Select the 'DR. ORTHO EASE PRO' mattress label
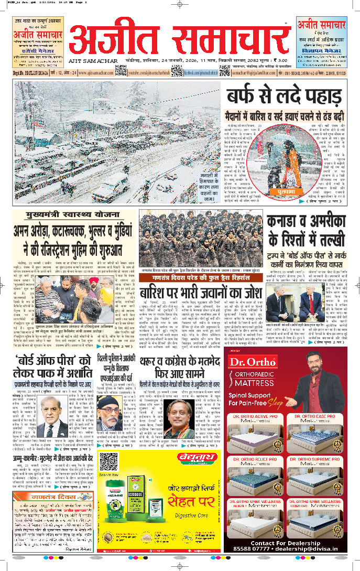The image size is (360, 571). click(316, 402)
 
